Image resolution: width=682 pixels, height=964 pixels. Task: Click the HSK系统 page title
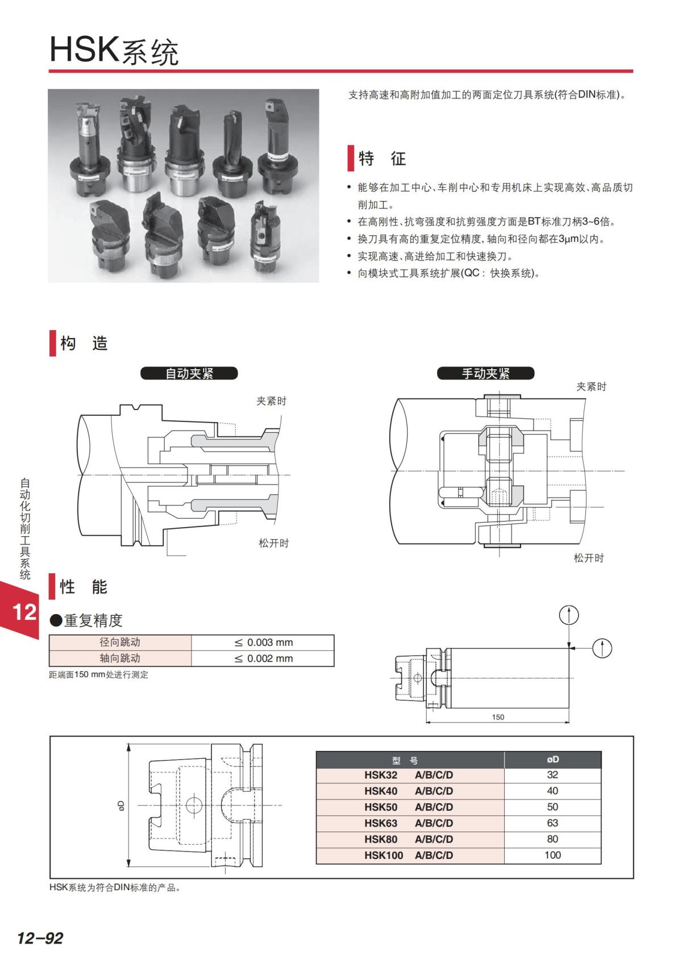(x=114, y=51)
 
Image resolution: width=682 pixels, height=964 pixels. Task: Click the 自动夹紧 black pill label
(x=189, y=373)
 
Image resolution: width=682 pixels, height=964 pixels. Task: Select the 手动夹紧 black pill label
(x=485, y=373)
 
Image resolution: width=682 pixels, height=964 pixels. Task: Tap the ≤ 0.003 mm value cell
(x=263, y=642)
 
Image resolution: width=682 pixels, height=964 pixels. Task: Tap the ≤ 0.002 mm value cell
(x=263, y=658)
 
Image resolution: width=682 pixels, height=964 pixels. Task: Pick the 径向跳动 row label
(x=120, y=642)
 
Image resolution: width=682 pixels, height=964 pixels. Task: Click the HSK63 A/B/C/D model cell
(x=409, y=823)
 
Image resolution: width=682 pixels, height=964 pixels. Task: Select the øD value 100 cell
(x=552, y=855)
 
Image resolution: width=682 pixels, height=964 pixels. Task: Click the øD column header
(x=552, y=759)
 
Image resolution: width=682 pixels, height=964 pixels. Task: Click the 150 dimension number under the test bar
(x=498, y=717)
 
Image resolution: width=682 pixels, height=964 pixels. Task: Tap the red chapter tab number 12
(x=24, y=612)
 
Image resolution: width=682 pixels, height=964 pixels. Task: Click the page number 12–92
(x=40, y=938)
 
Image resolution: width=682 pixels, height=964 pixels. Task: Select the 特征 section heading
(x=382, y=158)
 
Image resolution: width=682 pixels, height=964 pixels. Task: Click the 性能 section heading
(x=84, y=587)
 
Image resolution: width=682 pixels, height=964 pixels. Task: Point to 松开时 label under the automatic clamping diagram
(x=274, y=543)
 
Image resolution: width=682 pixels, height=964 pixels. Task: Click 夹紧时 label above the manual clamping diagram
(x=591, y=387)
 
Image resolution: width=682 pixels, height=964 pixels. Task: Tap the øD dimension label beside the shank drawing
(x=120, y=805)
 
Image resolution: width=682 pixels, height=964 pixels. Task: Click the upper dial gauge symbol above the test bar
(x=569, y=615)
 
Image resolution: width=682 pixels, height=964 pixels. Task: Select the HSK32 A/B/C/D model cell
(x=409, y=775)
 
